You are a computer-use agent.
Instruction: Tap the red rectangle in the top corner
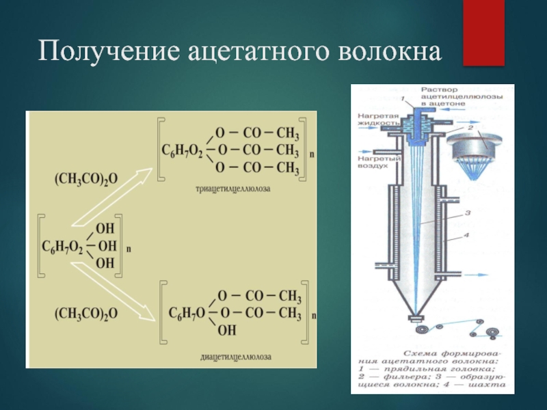coord(483,33)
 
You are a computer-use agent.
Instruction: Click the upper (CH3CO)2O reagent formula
coord(86,178)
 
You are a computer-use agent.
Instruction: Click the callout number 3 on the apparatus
coord(468,213)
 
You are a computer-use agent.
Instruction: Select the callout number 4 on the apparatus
coord(469,236)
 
